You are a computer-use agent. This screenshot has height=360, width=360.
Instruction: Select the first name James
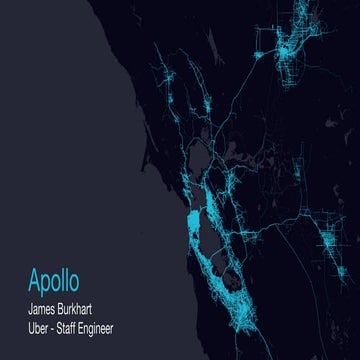[46, 305]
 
